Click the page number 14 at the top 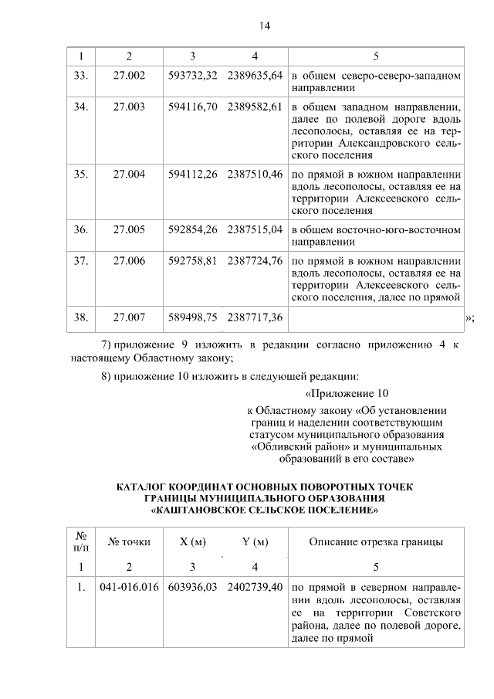pos(263,26)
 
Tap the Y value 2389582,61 pos(255,107)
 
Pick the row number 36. pos(80,229)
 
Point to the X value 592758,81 pos(192,261)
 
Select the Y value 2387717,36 pos(255,317)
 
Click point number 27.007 pos(129,317)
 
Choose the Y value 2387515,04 pos(255,229)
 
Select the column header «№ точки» pos(129,541)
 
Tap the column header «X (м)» pos(192,541)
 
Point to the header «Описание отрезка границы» pos(376,541)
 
